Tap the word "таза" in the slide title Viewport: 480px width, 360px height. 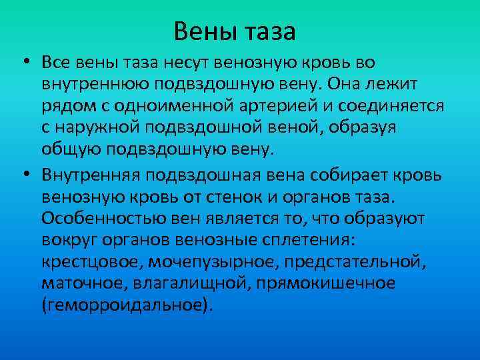coord(271,31)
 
